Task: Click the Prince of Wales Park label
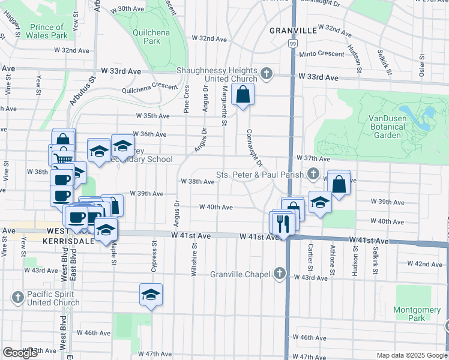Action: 47,31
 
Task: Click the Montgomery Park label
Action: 409,313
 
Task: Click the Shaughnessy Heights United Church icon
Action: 267,75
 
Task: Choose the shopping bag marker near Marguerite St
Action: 243,95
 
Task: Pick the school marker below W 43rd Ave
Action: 151,295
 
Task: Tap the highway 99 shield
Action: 292,43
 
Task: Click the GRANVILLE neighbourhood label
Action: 293,30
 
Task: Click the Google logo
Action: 19,353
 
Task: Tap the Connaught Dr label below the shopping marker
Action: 254,148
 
